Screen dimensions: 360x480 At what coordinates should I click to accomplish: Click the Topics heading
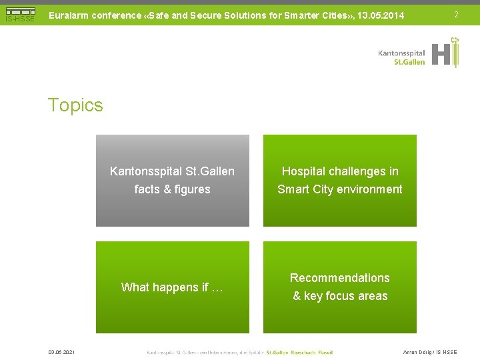coord(75,105)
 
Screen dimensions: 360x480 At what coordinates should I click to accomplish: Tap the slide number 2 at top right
coord(456,15)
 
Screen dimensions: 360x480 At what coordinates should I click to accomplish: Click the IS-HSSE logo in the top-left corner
coord(19,15)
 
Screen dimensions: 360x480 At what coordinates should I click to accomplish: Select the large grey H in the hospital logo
coord(440,54)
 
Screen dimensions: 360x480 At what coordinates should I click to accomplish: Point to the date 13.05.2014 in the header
coord(381,15)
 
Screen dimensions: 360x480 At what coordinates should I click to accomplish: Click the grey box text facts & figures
coord(172,189)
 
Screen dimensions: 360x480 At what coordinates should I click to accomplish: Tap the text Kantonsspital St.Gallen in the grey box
coord(172,171)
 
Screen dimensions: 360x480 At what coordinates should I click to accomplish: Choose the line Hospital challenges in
coord(340,171)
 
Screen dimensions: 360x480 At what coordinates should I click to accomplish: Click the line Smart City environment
coord(340,189)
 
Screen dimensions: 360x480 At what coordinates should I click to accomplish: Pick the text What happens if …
coord(172,287)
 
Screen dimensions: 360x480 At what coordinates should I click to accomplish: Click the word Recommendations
coord(340,278)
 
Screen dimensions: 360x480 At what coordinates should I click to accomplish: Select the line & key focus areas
coord(340,296)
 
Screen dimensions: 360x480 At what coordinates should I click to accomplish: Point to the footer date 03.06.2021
coord(61,352)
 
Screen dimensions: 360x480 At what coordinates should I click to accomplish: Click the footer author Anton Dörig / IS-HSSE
coord(430,352)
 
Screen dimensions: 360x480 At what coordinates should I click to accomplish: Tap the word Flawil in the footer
coord(325,352)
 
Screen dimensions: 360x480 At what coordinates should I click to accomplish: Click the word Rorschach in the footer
coord(303,352)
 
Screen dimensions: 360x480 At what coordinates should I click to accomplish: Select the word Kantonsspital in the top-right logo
coord(401,53)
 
